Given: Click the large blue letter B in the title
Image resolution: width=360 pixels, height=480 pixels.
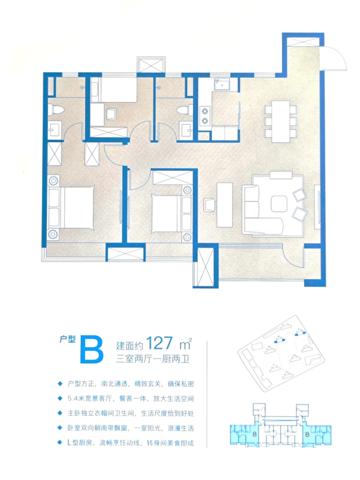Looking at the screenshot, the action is pos(92,350).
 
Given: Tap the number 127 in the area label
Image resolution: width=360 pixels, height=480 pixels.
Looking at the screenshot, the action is pos(159,343).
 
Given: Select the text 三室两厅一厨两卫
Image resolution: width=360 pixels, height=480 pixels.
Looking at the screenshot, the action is pos(153,359).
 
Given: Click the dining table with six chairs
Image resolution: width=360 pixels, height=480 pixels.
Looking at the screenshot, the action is pos(281,121).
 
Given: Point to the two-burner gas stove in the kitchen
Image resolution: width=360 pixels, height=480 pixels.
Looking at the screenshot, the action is pos(204,116).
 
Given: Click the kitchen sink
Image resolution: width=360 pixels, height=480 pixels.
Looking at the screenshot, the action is pos(222,84).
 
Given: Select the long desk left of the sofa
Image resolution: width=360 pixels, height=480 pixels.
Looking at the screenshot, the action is pos(224,205).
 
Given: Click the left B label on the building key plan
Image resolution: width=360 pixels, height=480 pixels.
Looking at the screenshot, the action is pos(255,434).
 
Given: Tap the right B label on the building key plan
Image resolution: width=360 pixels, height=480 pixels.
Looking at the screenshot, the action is pos(307,434).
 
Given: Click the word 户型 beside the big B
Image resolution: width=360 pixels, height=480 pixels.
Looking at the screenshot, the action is pos(68,339).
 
